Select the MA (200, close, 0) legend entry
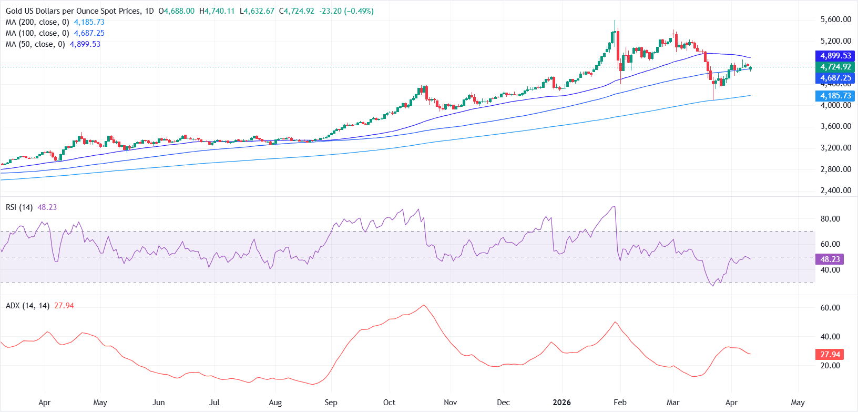coord(37,22)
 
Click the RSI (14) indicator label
coord(19,207)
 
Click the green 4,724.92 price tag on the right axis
coord(835,67)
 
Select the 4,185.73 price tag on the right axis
coord(835,96)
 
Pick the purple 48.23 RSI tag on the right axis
coord(830,259)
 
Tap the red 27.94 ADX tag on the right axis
coord(830,354)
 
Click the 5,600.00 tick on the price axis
coord(835,19)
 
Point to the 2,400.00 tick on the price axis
coord(835,190)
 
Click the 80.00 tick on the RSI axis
coord(830,219)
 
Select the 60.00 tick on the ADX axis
coord(830,308)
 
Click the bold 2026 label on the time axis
coord(561,403)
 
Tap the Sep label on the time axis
coord(331,403)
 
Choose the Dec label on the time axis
coord(503,403)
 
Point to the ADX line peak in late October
coord(424,305)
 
